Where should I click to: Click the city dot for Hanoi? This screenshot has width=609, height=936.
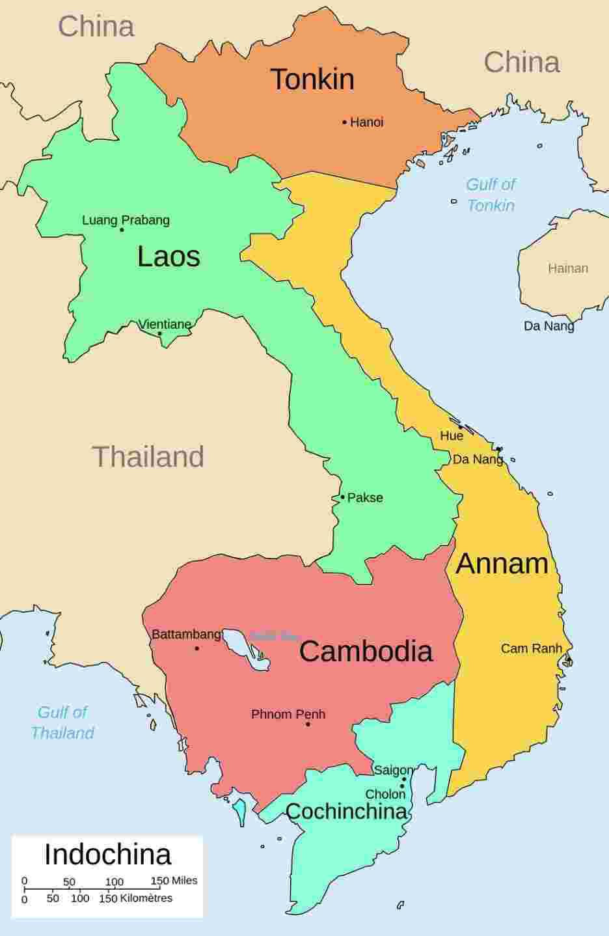[345, 122]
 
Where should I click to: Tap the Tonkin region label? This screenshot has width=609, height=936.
[312, 79]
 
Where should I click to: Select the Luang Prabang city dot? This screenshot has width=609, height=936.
[122, 230]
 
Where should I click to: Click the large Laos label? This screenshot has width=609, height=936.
[169, 256]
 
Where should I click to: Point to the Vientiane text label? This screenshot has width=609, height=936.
[165, 323]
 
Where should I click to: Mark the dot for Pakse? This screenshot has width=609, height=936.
[343, 497]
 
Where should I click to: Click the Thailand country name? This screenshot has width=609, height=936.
[148, 456]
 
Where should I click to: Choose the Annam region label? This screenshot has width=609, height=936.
[502, 563]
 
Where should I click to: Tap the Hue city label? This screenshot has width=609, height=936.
[452, 435]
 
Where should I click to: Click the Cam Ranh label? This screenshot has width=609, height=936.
[531, 648]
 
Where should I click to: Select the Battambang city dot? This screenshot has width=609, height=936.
[197, 648]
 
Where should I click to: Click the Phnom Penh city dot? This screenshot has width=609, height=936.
[308, 724]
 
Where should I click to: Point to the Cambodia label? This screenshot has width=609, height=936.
[366, 651]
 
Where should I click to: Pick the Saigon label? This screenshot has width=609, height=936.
[393, 770]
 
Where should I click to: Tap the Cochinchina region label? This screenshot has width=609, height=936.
[346, 812]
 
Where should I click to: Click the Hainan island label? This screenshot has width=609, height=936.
[567, 268]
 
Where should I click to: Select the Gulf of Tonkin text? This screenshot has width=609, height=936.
[491, 195]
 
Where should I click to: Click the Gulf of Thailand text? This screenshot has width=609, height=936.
[62, 723]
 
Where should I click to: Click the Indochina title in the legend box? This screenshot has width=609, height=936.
[107, 855]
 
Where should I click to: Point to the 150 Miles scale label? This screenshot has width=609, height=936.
[174, 881]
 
